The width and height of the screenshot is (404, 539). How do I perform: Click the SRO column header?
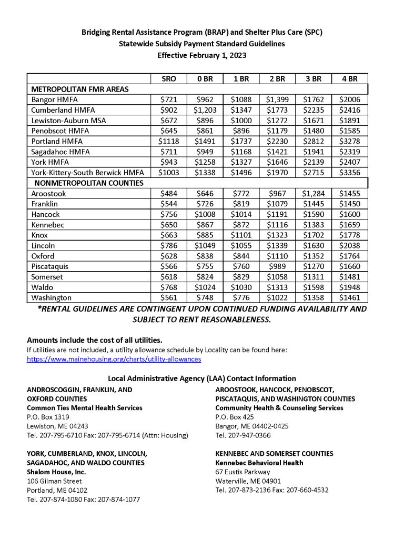(169, 79)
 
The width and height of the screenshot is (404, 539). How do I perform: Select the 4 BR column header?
(349, 79)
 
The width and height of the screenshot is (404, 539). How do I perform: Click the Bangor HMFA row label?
(53, 99)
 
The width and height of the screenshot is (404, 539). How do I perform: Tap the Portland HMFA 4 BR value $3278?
(349, 141)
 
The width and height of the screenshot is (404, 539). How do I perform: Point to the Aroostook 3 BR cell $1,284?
(313, 194)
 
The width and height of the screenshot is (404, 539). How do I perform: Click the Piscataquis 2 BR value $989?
(277, 267)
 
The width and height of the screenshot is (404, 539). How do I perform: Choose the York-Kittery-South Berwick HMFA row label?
(87, 173)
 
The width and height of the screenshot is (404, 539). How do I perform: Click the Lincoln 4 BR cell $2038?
(349, 246)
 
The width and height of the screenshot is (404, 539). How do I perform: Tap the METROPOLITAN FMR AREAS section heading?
(80, 89)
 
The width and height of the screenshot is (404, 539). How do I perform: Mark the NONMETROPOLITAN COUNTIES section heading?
(89, 183)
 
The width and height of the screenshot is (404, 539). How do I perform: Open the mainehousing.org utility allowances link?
(114, 359)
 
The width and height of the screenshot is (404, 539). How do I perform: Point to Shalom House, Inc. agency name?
(56, 472)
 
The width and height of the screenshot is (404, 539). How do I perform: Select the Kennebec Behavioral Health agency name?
(259, 463)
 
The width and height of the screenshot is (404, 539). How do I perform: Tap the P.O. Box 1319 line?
(48, 416)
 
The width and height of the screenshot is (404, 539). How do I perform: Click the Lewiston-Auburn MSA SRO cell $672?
(169, 121)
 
